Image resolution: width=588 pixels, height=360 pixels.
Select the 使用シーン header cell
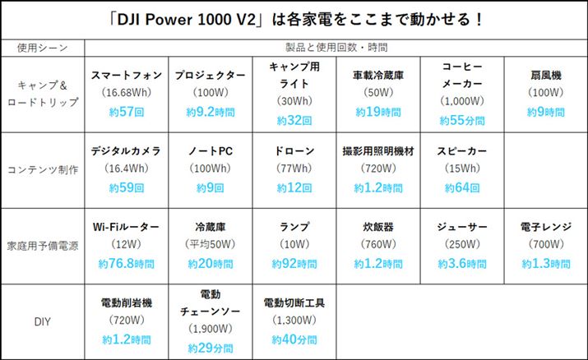point(42,47)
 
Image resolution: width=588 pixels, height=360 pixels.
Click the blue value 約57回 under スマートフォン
point(126,111)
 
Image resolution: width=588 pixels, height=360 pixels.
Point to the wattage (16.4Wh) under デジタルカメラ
point(126,169)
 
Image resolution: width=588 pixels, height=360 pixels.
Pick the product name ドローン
point(294,151)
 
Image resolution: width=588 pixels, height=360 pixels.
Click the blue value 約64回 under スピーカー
point(461,187)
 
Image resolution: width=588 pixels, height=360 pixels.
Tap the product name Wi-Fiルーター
point(126,226)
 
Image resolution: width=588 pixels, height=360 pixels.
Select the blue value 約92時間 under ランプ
point(294,264)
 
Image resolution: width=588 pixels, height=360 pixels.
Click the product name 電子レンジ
point(545,226)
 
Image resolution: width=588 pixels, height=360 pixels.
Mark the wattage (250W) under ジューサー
point(461,244)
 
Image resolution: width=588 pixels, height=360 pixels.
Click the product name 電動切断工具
point(294,302)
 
